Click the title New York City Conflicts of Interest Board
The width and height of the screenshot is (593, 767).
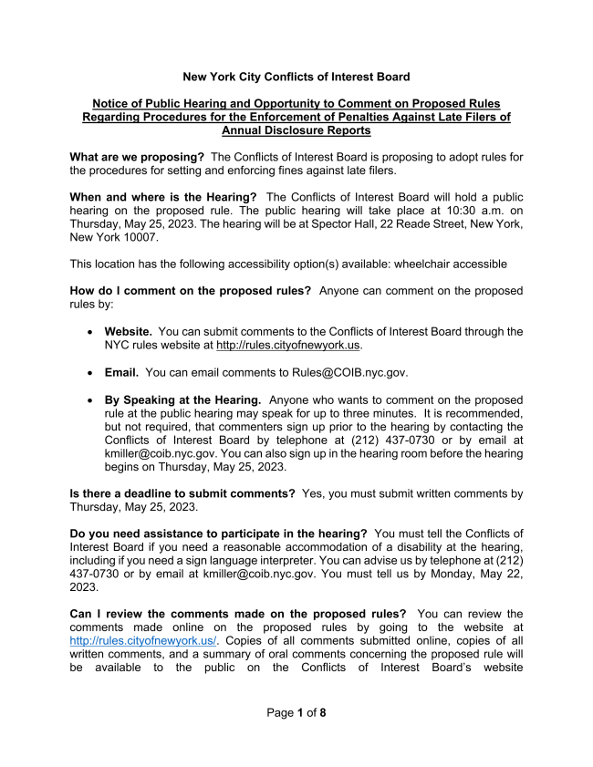click(296, 77)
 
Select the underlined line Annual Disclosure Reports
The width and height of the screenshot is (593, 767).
click(296, 130)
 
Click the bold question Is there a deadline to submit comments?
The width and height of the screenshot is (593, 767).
click(182, 493)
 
